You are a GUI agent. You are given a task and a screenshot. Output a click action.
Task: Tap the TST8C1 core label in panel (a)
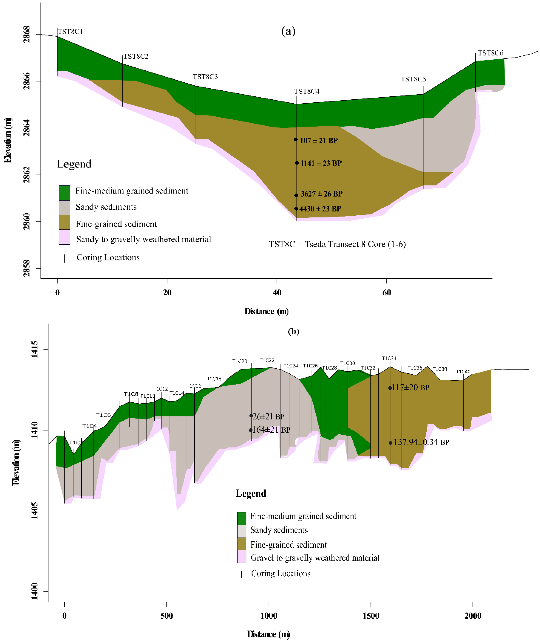pos(70,32)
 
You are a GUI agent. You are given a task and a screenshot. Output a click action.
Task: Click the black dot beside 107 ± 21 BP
pos(296,140)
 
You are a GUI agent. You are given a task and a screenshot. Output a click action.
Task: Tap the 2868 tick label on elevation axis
pos(27,34)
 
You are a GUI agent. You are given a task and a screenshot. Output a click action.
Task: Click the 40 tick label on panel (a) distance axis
pos(277,293)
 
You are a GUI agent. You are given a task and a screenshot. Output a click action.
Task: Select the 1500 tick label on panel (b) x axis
pos(371,616)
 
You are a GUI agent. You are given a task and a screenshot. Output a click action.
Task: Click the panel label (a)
pos(288,31)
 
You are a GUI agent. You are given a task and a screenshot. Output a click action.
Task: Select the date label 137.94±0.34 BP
pos(421,442)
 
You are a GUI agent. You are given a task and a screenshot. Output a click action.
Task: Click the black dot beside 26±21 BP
pos(251,416)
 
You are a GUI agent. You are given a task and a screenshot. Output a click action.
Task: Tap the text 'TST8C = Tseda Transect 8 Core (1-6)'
pos(337,244)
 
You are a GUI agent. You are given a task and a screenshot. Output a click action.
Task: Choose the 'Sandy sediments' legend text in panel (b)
pos(279,530)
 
